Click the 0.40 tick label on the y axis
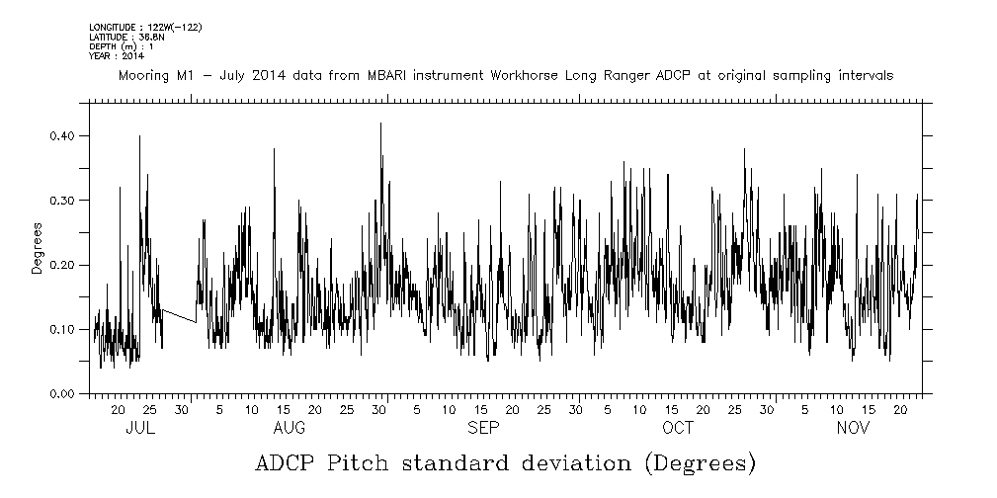click(62, 135)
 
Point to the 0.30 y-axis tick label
click(62, 200)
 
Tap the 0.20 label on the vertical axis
click(62, 265)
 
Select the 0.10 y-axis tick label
click(62, 329)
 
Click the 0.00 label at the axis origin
click(62, 393)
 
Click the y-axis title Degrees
click(37, 247)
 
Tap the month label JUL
click(140, 428)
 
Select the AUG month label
click(289, 428)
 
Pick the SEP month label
click(483, 428)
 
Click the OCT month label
click(678, 428)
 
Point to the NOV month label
click(853, 428)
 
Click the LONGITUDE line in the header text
click(145, 28)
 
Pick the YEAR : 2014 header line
click(116, 56)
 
